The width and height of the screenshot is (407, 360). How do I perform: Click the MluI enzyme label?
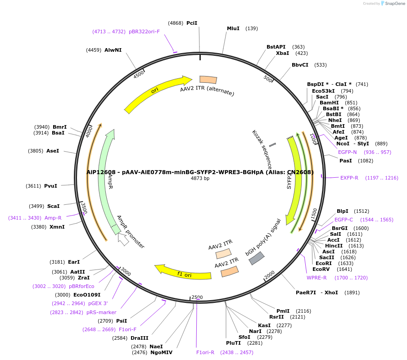233,28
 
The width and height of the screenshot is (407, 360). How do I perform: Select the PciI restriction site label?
192,23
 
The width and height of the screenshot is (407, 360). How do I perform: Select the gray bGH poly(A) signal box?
257,258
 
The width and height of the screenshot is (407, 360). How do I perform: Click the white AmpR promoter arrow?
123,239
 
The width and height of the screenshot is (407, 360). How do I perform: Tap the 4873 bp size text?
200,179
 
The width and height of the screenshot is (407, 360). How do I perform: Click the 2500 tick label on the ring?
197,297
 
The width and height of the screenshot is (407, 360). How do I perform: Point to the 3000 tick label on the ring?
125,272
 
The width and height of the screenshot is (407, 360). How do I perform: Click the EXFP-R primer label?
349,178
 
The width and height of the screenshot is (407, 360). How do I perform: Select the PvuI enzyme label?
51,186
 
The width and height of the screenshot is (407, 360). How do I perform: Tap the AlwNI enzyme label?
113,50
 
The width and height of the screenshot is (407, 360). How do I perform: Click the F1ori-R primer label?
205,352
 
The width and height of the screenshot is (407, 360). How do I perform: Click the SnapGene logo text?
395,4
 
